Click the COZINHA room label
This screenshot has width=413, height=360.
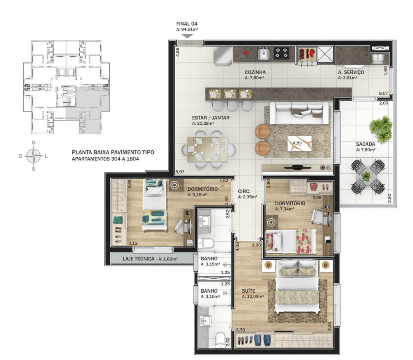255,72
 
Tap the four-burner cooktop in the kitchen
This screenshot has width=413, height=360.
281,53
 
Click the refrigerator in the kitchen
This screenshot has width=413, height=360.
223,56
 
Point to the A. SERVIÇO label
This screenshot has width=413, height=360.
351,72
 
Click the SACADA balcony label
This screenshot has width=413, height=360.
366,144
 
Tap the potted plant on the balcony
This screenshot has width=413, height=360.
381,128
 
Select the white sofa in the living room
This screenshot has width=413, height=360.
299,113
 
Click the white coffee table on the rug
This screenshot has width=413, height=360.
299,144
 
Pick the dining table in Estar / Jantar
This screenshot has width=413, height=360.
207,149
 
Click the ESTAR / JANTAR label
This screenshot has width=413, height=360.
211,118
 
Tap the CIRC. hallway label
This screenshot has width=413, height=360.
244,192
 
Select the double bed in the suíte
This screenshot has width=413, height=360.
297,286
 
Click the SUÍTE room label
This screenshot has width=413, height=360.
248,291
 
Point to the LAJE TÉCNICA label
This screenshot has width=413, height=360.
138,259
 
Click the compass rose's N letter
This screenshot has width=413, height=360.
33,143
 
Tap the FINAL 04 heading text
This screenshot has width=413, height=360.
187,24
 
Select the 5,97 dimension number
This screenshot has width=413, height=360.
180,172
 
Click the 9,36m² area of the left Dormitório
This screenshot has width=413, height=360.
197,195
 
